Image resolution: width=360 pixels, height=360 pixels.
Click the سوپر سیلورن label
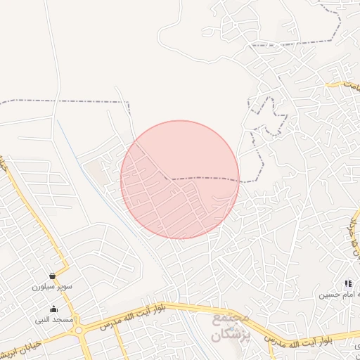point(48,287)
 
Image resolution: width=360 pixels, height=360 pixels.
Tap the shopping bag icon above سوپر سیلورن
point(53,276)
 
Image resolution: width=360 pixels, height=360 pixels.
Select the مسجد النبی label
point(54,319)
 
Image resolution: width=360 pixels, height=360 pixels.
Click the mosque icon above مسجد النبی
point(53,309)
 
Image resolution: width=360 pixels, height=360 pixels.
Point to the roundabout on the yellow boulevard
point(79,330)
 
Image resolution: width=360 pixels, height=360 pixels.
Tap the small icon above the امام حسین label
point(348,283)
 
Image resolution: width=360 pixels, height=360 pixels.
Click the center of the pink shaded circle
point(180,180)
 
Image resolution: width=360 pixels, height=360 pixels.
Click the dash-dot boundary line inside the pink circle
point(204,179)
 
